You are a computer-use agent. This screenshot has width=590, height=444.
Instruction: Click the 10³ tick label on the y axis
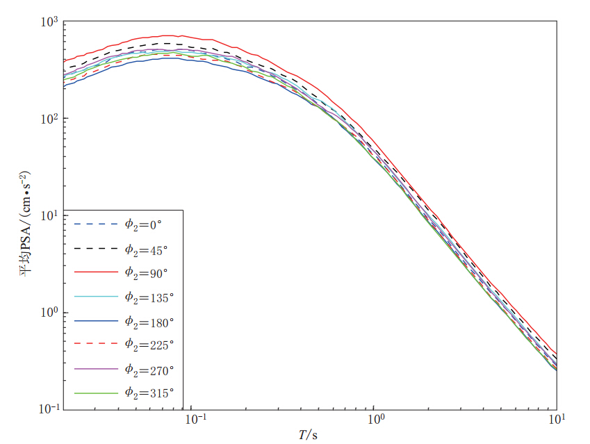(x=51, y=23)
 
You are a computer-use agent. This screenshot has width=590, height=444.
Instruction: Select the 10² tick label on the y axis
(x=51, y=119)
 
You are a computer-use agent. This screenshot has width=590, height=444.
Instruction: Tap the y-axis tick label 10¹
(x=51, y=215)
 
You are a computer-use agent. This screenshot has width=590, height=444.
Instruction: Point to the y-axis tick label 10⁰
(x=51, y=312)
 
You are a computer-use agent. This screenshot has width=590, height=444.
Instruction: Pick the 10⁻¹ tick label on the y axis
(x=49, y=409)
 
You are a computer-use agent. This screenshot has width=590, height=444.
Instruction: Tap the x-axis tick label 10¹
(x=556, y=420)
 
